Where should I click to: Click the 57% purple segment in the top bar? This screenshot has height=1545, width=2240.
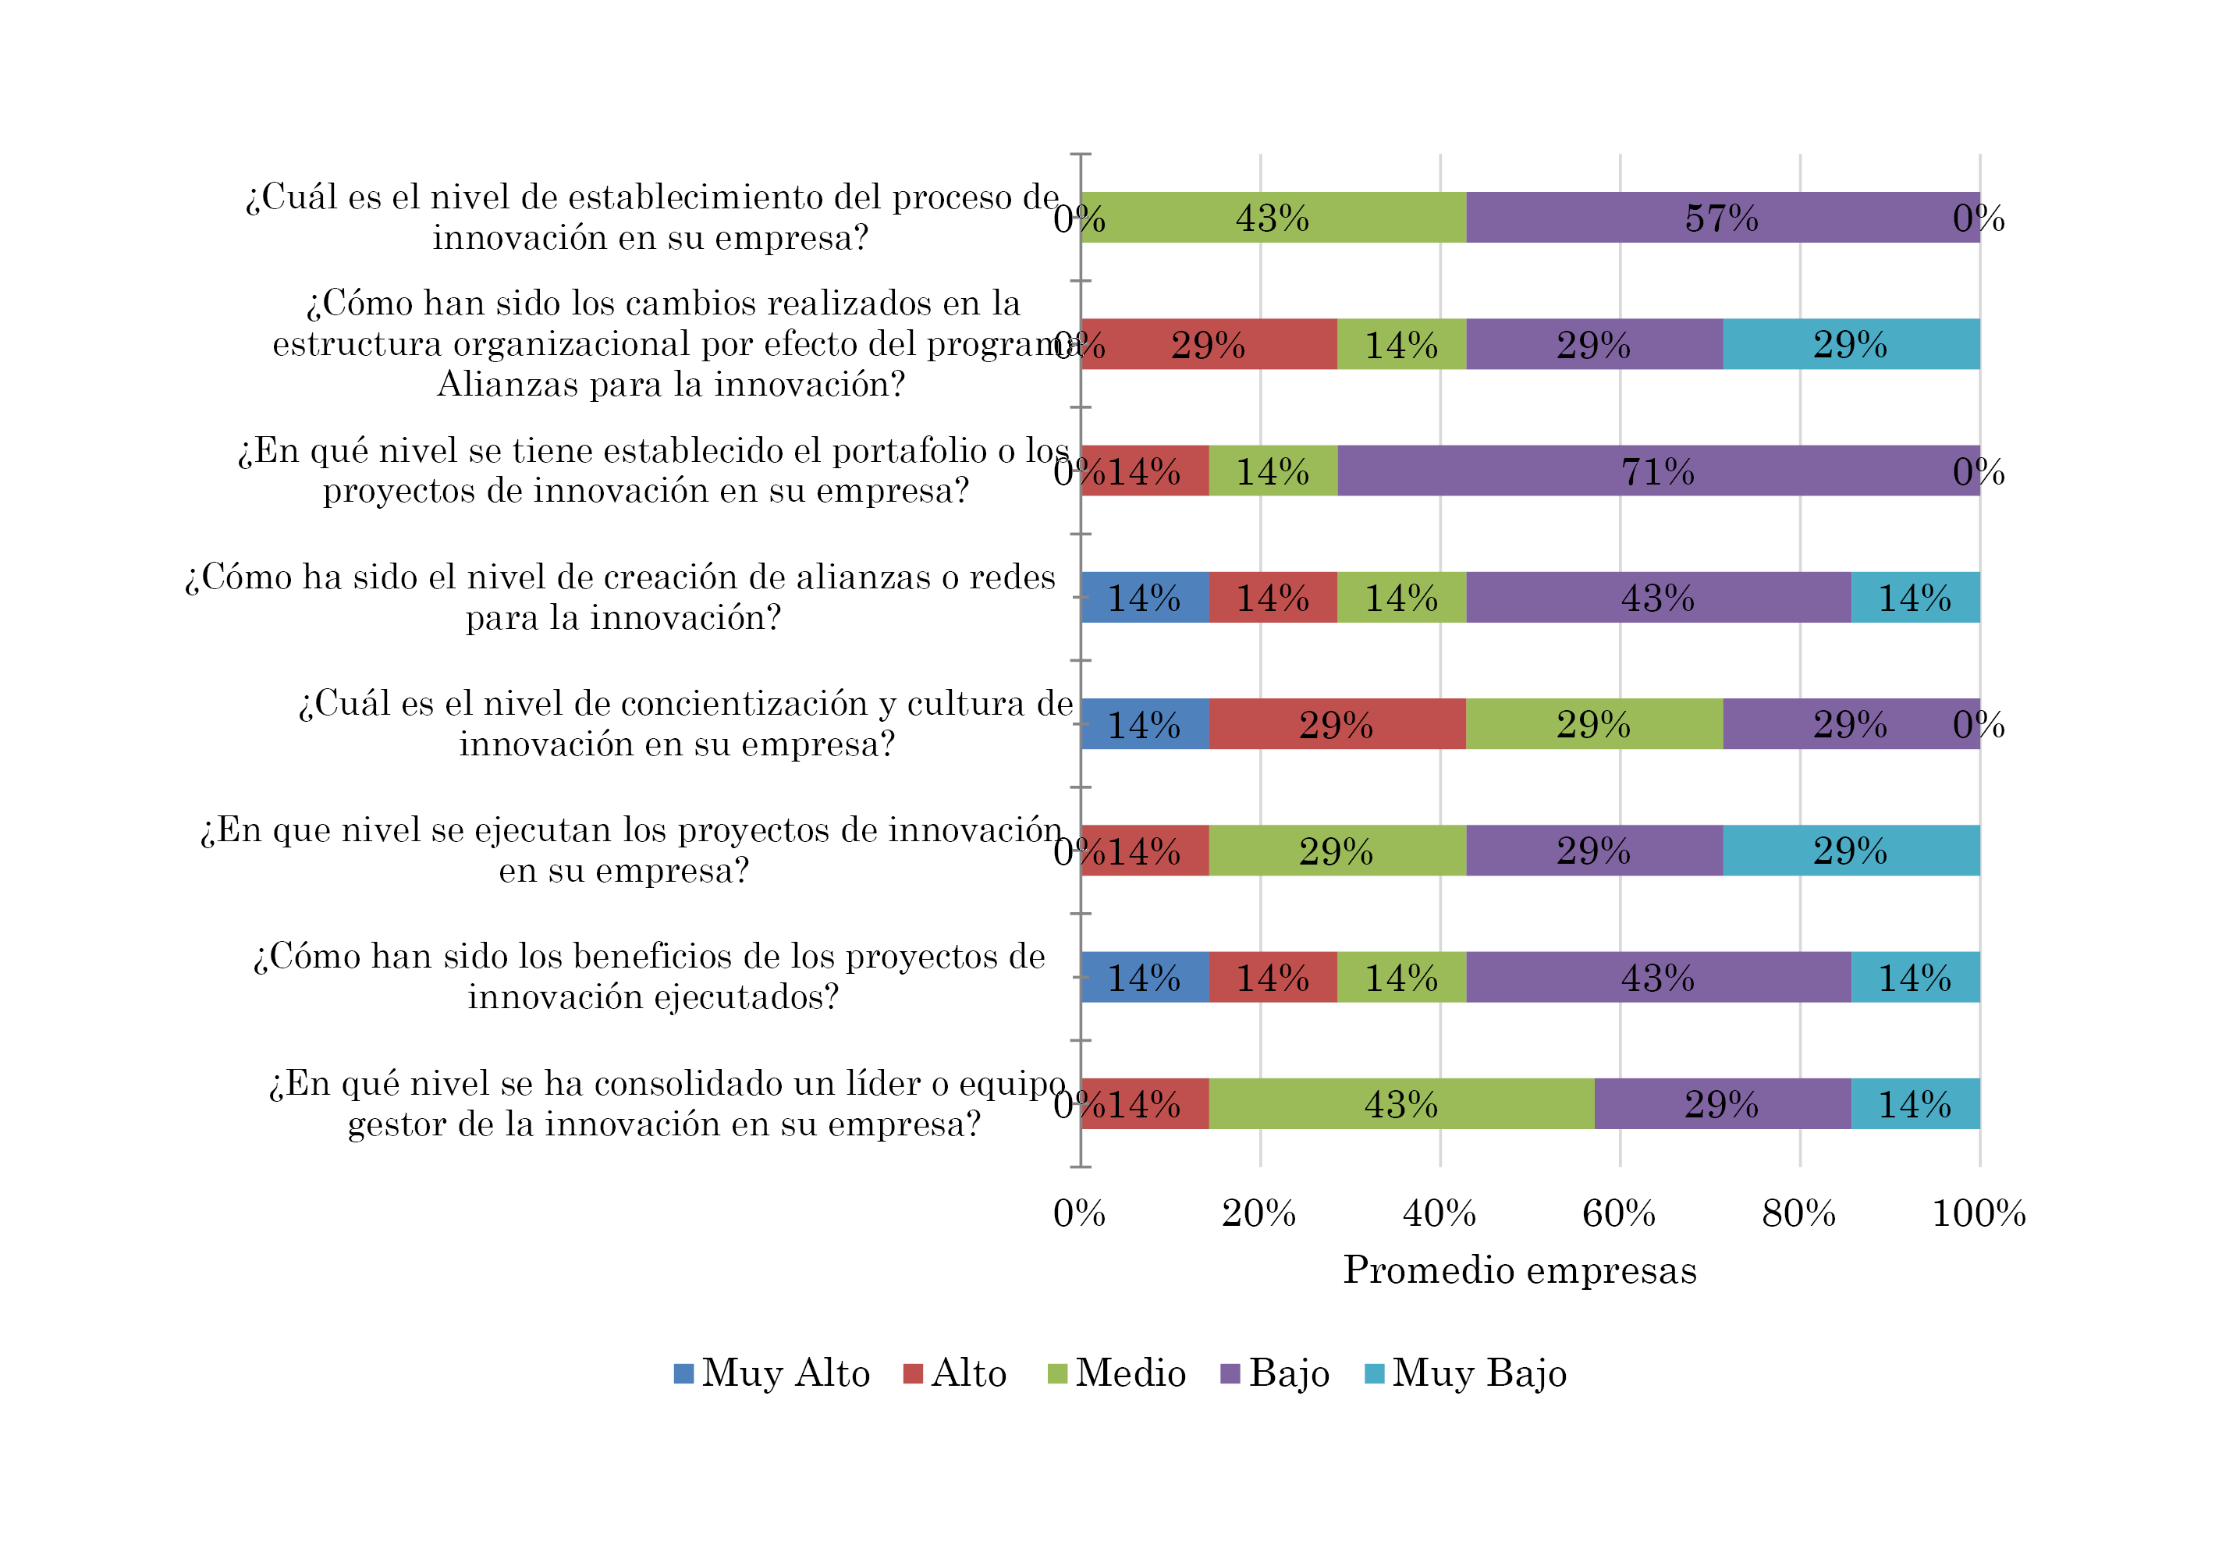(1721, 218)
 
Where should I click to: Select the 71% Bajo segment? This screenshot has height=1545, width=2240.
(1657, 471)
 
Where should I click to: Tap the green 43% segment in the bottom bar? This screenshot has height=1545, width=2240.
(1400, 1103)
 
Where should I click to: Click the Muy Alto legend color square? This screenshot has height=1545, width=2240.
(683, 1373)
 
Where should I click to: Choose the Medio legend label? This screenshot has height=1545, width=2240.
(1131, 1373)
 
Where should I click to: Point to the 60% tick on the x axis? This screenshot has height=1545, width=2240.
(1618, 1213)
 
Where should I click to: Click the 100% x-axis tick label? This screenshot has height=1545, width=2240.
(1978, 1213)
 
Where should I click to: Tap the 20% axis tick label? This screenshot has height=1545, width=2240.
(1258, 1213)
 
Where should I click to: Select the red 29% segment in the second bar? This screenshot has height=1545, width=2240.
(1208, 345)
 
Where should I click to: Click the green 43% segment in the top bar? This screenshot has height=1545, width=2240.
(1272, 218)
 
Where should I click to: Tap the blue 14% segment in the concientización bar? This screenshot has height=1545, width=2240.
(1145, 724)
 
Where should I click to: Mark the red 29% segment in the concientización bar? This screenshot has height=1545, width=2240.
(1336, 724)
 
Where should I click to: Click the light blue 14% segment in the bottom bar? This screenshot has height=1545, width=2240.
(1915, 1103)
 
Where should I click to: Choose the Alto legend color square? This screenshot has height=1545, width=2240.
(913, 1373)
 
